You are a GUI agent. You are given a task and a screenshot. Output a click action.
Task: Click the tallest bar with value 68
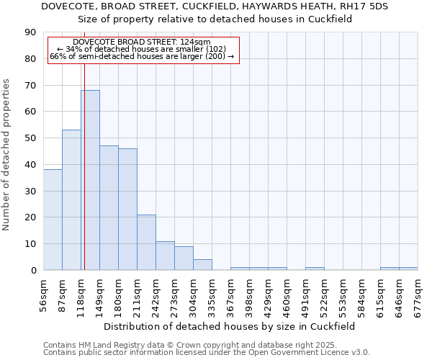tap(90, 180)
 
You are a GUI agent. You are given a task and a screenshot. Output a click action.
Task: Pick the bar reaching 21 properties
tap(146, 242)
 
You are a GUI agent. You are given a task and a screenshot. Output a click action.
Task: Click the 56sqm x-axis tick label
tap(44, 291)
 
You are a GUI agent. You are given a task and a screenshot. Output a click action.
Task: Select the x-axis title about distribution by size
tap(230, 326)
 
